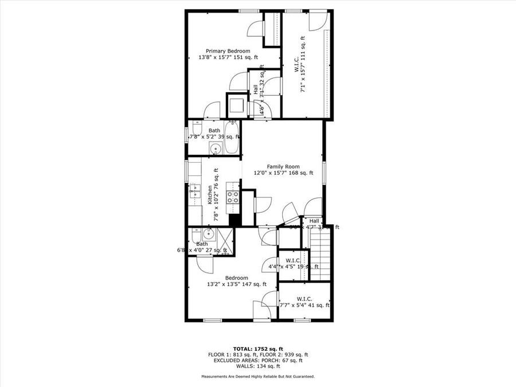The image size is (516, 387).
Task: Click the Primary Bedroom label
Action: coord(228,51)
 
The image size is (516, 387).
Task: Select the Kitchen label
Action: coord(210,195)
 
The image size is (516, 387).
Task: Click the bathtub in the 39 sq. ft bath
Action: coord(232,138)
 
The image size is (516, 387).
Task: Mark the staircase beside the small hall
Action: coord(321,252)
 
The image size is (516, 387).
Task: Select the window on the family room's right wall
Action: coord(324,172)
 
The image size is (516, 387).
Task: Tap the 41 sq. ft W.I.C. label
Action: coord(304,299)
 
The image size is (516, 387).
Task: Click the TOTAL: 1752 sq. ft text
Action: coord(257,349)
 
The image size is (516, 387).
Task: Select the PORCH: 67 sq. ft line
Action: coord(257,360)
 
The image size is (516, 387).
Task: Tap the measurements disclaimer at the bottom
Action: coord(257,377)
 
